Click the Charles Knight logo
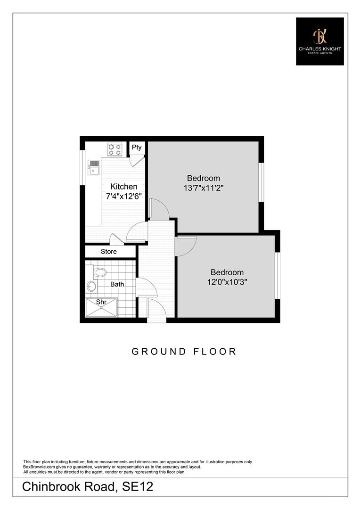(319, 41)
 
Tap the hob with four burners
(115, 149)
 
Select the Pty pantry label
(137, 147)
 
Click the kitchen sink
(94, 167)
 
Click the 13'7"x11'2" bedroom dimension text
(204, 187)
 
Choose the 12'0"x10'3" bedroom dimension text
(227, 281)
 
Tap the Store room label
(108, 252)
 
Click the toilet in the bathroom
(99, 272)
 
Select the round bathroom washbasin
(91, 286)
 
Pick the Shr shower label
(101, 302)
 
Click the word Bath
(117, 284)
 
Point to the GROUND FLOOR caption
(184, 351)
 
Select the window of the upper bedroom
(261, 182)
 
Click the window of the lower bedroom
(278, 276)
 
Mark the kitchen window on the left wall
(82, 167)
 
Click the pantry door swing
(137, 161)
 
